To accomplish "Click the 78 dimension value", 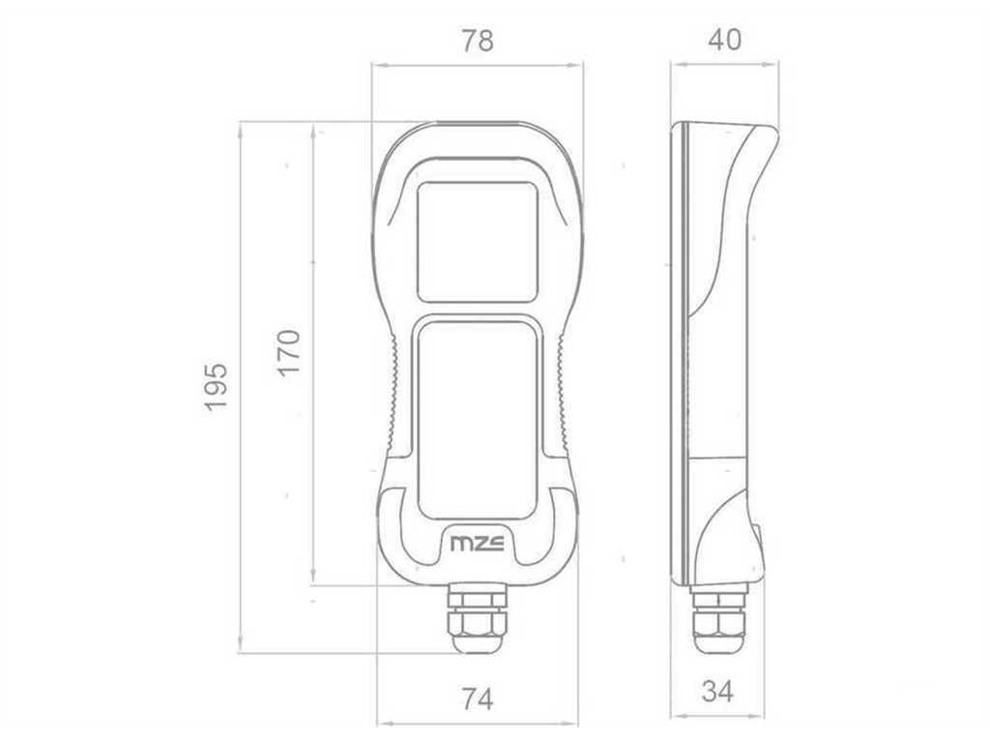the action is (x=478, y=41).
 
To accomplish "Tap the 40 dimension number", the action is (x=724, y=40).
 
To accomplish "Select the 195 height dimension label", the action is (x=216, y=387).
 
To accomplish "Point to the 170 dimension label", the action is (x=288, y=352).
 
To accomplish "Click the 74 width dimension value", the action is (x=478, y=699).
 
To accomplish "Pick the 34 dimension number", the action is (x=718, y=691).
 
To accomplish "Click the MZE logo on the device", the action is (x=478, y=544).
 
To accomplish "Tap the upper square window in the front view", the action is (x=478, y=242).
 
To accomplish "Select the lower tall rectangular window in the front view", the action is (x=478, y=419).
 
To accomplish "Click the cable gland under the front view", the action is (x=478, y=617).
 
